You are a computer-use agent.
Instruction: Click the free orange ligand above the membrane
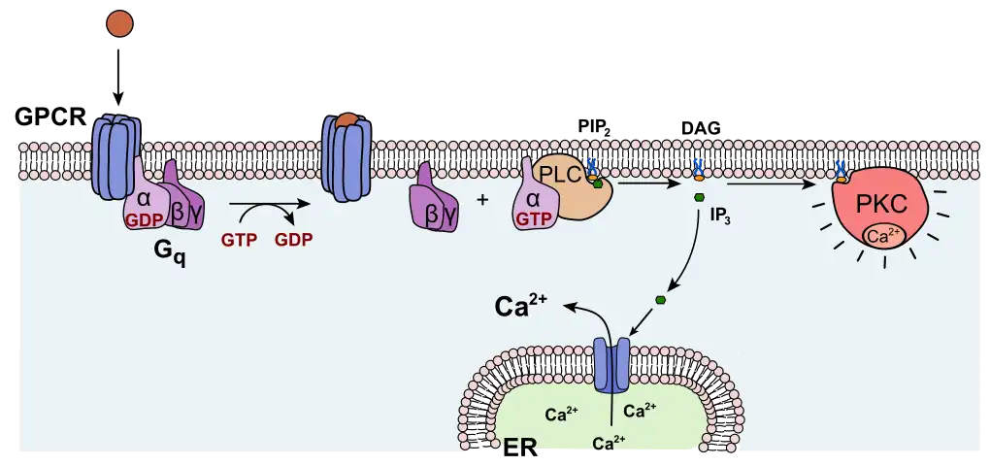pyautogui.click(x=119, y=23)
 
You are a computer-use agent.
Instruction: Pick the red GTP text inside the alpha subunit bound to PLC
pyautogui.click(x=533, y=220)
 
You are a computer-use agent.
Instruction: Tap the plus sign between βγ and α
pyautogui.click(x=482, y=200)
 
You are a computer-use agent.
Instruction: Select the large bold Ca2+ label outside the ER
pyautogui.click(x=520, y=306)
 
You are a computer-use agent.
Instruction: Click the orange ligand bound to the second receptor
pyautogui.click(x=346, y=120)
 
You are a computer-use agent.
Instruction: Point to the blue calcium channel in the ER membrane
pyautogui.click(x=612, y=363)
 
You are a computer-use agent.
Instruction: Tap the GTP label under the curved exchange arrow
pyautogui.click(x=239, y=238)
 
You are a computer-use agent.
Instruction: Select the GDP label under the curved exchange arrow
pyautogui.click(x=293, y=238)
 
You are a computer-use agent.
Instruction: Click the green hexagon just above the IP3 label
pyautogui.click(x=699, y=198)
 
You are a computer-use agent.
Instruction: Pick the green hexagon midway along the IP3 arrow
pyautogui.click(x=661, y=299)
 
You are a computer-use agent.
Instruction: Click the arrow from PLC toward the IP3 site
pyautogui.click(x=648, y=183)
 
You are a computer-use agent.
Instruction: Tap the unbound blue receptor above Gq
pyautogui.click(x=115, y=155)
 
